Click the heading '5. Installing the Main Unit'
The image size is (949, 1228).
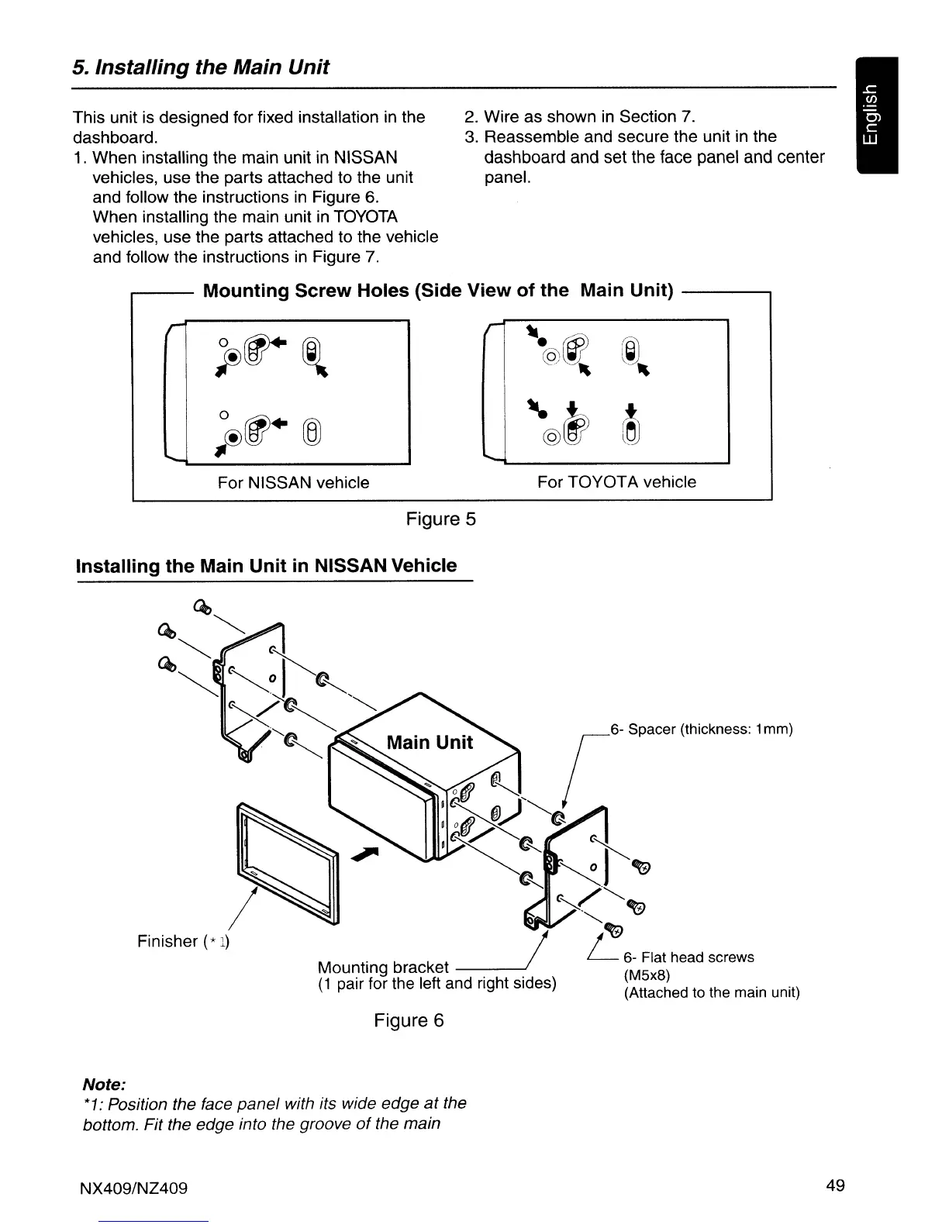pos(201,67)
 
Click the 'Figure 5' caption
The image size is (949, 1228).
pos(440,519)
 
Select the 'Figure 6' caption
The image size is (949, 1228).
pos(409,1020)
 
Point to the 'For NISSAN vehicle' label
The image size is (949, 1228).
pos(293,483)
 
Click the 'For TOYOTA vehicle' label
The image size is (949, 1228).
pos(616,482)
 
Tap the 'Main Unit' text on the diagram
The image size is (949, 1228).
pos(430,743)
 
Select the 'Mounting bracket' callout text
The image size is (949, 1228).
pos(383,967)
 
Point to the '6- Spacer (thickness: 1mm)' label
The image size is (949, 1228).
pos(701,730)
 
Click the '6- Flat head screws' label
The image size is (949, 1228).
pos(688,957)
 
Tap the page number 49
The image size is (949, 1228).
pos(835,1185)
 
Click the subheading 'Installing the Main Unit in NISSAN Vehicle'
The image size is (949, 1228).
pos(266,565)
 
